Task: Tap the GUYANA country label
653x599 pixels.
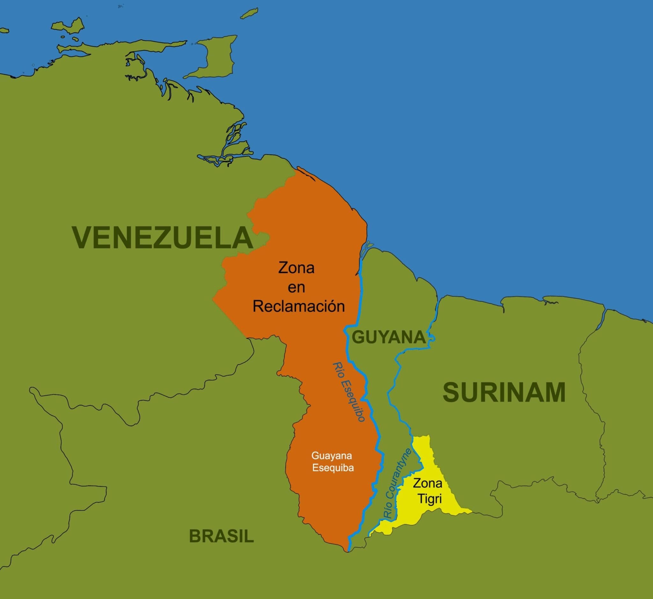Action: point(389,337)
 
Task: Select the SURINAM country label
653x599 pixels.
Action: point(504,393)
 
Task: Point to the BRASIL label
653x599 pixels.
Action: point(221,536)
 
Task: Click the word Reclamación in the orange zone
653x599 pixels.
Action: point(298,306)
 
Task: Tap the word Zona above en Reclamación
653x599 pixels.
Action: point(296,268)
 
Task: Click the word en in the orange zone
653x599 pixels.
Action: point(296,287)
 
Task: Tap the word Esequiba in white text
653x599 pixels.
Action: point(332,468)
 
